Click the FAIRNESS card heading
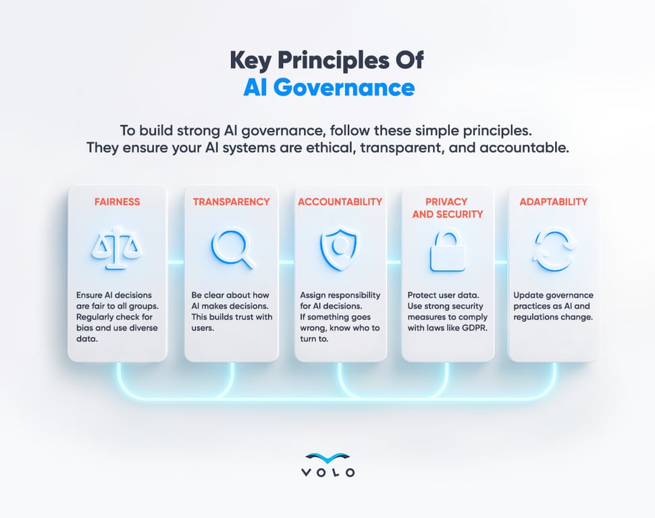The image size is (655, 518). [116, 201]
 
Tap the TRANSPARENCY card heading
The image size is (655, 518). [231, 201]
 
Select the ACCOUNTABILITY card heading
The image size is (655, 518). [340, 201]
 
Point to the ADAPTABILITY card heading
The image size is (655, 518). [553, 201]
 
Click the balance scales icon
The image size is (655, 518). [116, 249]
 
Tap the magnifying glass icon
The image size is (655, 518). [232, 249]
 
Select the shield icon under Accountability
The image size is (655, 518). [339, 249]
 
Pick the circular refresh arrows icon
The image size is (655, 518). [554, 249]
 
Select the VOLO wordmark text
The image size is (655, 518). [327, 473]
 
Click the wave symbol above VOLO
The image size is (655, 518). [327, 457]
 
